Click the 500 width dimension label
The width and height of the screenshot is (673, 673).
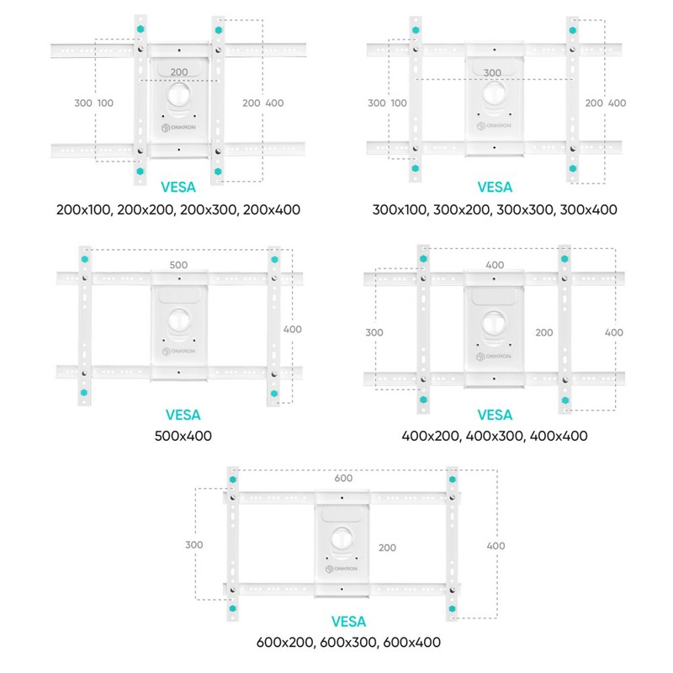[178, 265]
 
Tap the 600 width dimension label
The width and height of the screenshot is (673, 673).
[343, 478]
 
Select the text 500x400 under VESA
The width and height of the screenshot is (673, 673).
[183, 436]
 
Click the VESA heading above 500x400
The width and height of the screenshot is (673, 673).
[183, 415]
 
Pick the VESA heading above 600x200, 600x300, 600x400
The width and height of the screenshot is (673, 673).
[348, 622]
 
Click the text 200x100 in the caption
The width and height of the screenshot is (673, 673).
[83, 209]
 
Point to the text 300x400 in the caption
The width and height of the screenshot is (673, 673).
[588, 209]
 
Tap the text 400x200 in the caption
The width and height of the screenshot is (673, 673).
[431, 436]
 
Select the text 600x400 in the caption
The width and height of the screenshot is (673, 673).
[412, 642]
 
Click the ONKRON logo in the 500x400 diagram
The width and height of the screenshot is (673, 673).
[178, 351]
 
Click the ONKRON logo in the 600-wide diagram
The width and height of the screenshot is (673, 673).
[342, 569]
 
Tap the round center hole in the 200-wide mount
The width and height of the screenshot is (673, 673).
[179, 94]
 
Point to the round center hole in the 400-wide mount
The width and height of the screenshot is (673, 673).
[494, 322]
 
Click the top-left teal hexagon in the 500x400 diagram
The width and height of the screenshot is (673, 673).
[85, 259]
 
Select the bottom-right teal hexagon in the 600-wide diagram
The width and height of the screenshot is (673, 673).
[452, 608]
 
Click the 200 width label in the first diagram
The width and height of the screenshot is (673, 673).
[179, 72]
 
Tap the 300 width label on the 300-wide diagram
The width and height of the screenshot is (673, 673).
[492, 73]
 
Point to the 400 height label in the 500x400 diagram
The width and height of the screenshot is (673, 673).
[292, 329]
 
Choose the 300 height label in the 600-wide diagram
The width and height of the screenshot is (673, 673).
[194, 544]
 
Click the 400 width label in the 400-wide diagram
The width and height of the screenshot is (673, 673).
[495, 265]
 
